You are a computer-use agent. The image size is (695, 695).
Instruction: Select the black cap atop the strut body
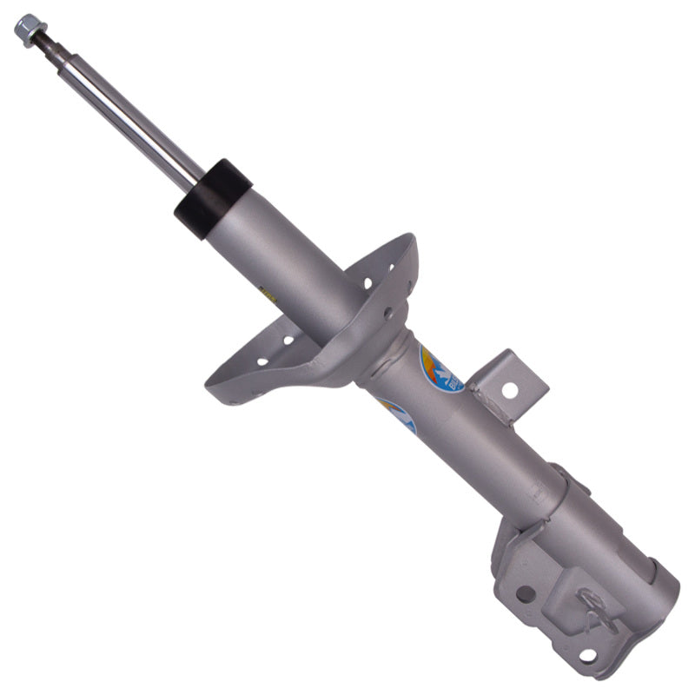[212, 198]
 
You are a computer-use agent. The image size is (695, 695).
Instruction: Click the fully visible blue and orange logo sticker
[440, 368]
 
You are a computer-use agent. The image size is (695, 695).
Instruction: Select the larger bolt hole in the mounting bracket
[525, 594]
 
